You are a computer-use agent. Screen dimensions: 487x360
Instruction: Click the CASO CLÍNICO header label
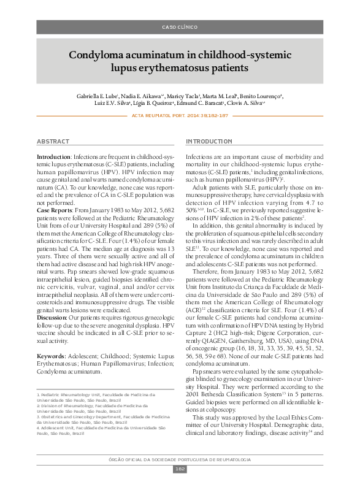pyautogui.click(x=180, y=28)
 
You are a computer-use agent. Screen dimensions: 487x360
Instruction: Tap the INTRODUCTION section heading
pyautogui.click(x=209, y=142)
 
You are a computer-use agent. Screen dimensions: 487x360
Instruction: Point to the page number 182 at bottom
pyautogui.click(x=180, y=469)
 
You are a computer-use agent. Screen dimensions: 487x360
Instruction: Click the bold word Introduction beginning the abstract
pyautogui.click(x=54, y=158)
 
